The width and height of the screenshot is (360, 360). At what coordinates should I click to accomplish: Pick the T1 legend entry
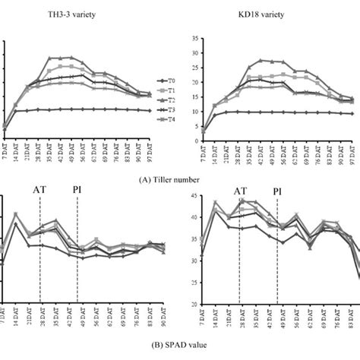(x=171, y=90)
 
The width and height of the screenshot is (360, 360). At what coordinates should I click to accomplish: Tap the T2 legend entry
(x=171, y=100)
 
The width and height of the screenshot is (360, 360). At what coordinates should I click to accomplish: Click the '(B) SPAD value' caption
(x=180, y=353)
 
